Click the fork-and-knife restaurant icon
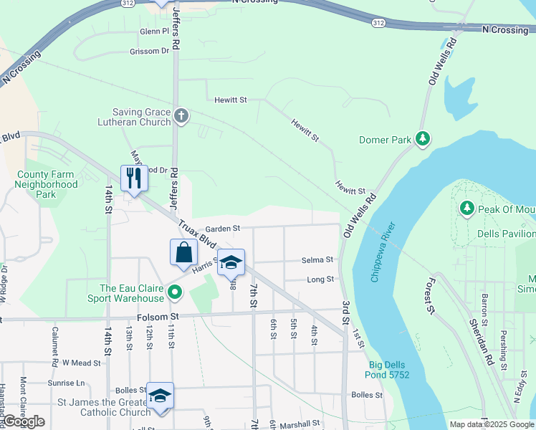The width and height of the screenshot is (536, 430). click(134, 178)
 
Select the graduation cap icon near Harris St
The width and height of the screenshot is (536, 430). click(231, 262)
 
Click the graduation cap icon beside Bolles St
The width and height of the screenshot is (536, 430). click(161, 396)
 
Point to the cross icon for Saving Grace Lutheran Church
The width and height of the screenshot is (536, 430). click(181, 116)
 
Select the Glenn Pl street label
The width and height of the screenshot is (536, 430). click(154, 32)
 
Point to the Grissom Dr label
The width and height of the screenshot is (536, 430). click(149, 52)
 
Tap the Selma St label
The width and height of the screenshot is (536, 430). click(317, 259)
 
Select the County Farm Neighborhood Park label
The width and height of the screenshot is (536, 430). click(46, 184)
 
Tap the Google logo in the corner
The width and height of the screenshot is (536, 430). click(24, 421)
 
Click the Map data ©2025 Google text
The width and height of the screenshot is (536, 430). click(491, 424)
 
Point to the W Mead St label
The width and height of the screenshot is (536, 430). click(78, 363)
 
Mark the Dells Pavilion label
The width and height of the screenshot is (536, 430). click(506, 234)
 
